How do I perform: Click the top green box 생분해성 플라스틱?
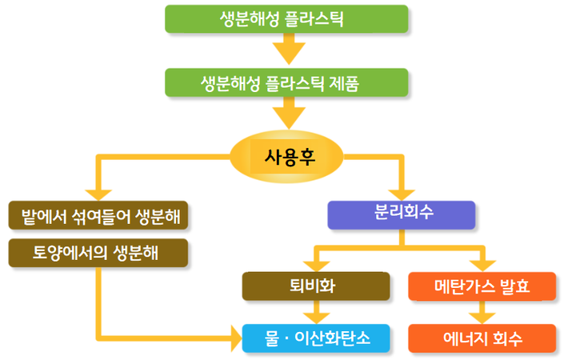click(286, 19)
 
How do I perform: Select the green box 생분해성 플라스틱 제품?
click(286, 82)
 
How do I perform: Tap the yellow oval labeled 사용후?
click(286, 157)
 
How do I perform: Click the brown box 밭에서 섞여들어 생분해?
click(98, 215)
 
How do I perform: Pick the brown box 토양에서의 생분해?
click(98, 253)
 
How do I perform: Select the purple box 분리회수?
click(402, 215)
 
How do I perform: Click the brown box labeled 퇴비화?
click(316, 286)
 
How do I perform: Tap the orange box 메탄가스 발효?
click(482, 286)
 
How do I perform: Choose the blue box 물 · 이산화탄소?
click(316, 338)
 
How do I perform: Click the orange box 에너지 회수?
click(482, 338)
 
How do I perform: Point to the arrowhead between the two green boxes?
click(289, 54)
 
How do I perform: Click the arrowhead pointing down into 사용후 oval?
click(289, 118)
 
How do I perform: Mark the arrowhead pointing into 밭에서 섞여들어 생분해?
click(98, 194)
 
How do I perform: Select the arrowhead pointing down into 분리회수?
click(402, 194)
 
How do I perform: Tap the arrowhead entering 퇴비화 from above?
click(316, 266)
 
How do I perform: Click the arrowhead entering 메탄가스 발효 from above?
click(482, 266)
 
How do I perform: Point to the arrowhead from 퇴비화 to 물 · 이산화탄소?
click(316, 318)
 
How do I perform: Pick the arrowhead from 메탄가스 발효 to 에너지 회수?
click(482, 318)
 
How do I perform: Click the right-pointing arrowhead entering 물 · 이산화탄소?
click(237, 338)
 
